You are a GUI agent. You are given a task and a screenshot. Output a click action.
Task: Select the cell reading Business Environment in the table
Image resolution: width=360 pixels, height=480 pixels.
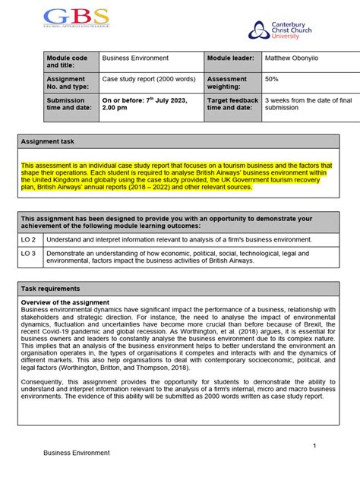point(135,58)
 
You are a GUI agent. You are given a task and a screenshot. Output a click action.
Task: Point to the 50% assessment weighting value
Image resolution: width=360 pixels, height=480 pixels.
point(272,78)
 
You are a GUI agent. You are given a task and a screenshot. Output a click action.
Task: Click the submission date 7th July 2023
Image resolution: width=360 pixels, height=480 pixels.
point(149,100)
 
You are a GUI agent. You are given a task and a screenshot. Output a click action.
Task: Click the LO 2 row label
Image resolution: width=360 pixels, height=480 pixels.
point(29,238)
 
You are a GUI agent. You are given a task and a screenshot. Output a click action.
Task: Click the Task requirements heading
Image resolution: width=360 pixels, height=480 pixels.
point(52,289)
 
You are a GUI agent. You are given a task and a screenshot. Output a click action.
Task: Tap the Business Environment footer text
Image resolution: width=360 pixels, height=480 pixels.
point(76,453)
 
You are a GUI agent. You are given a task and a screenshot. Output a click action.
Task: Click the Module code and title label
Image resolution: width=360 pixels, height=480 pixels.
point(67,62)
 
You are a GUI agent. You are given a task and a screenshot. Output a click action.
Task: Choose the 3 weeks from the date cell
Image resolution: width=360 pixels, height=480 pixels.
point(300,104)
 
